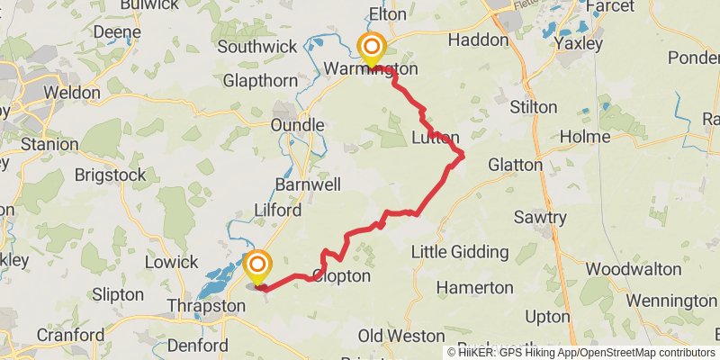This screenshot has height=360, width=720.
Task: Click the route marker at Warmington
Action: [371, 47]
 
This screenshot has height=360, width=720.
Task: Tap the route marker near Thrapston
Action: [257, 265]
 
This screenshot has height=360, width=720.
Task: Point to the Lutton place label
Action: [436, 138]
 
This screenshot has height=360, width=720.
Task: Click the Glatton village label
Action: [515, 166]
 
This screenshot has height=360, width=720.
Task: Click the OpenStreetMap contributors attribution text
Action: [646, 353]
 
